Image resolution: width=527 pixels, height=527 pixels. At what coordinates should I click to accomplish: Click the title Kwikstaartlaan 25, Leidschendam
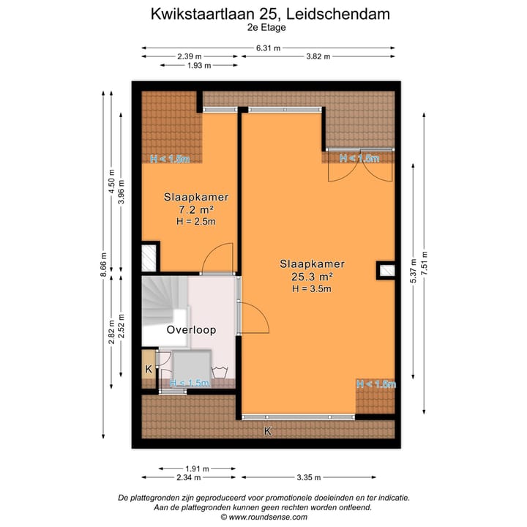pyautogui.click(x=270, y=13)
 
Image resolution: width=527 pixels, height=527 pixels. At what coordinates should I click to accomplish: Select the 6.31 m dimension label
pyautogui.click(x=269, y=48)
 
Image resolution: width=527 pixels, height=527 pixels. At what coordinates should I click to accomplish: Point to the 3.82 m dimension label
pyautogui.click(x=318, y=57)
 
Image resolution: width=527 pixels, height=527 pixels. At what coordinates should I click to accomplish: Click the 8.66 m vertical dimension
pyautogui.click(x=103, y=266)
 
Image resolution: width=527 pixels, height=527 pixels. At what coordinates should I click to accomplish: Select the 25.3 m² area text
pyautogui.click(x=311, y=277)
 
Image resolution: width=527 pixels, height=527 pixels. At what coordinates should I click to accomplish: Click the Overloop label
pyautogui.click(x=191, y=330)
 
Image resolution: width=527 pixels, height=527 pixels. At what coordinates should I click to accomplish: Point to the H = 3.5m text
pyautogui.click(x=311, y=288)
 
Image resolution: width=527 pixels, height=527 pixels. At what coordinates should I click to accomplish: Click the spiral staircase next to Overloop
pyautogui.click(x=163, y=300)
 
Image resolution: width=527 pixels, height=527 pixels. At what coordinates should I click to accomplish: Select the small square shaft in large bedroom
pyautogui.click(x=386, y=271)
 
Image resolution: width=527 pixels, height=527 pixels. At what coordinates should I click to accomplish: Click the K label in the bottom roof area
pyautogui.click(x=268, y=432)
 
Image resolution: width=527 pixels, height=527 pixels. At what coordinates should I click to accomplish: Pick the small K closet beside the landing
pyautogui.click(x=149, y=368)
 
